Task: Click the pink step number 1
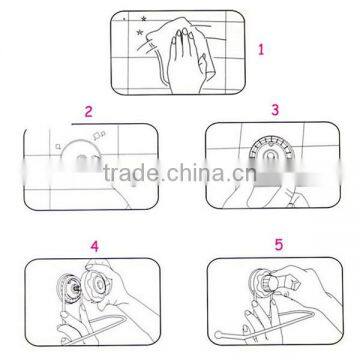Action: tap(261, 50)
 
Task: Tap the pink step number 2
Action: tap(88, 111)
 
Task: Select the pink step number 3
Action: tap(275, 110)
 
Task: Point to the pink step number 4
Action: tap(95, 247)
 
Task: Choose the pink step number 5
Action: tap(279, 245)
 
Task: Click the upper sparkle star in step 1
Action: tap(144, 19)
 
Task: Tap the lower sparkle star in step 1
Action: tap(140, 33)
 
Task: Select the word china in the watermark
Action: tap(197, 173)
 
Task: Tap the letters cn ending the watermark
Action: tap(244, 175)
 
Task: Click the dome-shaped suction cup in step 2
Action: tap(81, 156)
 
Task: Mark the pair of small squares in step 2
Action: tap(100, 134)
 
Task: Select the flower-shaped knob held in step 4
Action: tap(97, 283)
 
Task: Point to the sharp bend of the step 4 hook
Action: tap(125, 318)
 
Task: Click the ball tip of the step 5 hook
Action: tap(217, 334)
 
